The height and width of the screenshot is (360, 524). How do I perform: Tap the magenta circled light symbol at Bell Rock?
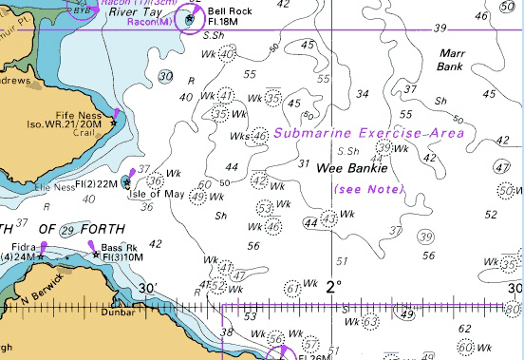(x=191, y=17)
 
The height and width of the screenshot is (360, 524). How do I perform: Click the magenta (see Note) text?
(x=369, y=190)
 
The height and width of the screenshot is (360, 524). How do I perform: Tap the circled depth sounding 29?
(x=67, y=231)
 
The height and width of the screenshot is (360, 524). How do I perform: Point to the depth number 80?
(x=514, y=309)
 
